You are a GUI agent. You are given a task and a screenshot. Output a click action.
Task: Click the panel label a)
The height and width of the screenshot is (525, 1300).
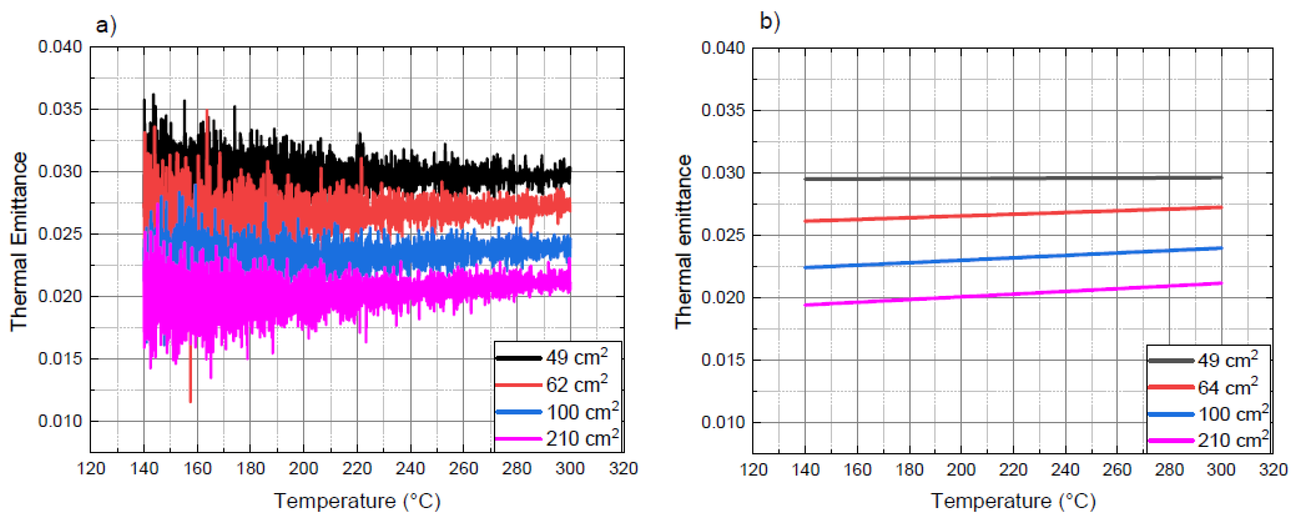tap(106, 24)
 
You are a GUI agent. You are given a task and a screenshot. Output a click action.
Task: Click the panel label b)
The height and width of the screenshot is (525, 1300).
tap(770, 21)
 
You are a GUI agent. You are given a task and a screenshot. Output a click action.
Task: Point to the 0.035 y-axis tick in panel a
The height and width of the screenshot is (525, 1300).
tap(60, 109)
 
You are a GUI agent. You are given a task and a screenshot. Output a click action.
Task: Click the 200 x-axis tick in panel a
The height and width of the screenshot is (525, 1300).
tap(303, 469)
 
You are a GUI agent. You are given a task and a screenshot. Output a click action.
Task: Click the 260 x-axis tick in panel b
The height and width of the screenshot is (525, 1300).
tap(1117, 470)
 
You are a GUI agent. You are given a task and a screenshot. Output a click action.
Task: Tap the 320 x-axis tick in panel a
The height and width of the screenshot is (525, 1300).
tap(623, 469)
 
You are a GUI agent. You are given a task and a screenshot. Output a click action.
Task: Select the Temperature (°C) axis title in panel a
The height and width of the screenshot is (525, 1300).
tap(357, 501)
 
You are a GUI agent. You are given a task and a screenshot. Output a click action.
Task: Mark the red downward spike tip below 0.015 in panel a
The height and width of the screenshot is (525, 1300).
tap(190, 401)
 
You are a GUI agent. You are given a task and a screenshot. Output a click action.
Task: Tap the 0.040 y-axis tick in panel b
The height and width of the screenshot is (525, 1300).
tap(723, 48)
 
